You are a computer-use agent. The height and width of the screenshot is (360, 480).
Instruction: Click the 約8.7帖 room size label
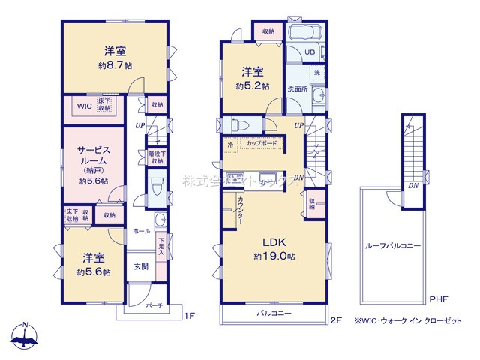(115, 66)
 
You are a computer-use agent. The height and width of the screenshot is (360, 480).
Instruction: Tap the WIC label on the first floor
(82, 106)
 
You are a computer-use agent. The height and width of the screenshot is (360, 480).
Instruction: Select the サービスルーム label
(94, 155)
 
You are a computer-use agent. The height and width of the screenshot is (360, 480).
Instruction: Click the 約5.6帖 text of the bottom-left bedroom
(94, 271)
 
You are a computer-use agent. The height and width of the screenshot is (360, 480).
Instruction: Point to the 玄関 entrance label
(141, 266)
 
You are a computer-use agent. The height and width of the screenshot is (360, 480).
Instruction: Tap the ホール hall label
(141, 231)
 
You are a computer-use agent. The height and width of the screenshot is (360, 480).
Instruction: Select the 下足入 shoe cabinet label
(161, 245)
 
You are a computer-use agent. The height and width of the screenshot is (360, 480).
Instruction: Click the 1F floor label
(191, 316)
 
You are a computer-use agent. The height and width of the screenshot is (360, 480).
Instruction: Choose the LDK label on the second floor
(273, 242)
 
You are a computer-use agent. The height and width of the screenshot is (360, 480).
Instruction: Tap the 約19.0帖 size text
(273, 256)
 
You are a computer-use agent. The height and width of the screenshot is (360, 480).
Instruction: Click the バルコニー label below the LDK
(274, 313)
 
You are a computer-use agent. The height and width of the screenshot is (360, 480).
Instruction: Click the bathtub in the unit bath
(304, 34)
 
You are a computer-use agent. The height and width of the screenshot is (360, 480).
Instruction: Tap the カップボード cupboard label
(261, 142)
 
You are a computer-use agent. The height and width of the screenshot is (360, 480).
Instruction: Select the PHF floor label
(439, 299)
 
